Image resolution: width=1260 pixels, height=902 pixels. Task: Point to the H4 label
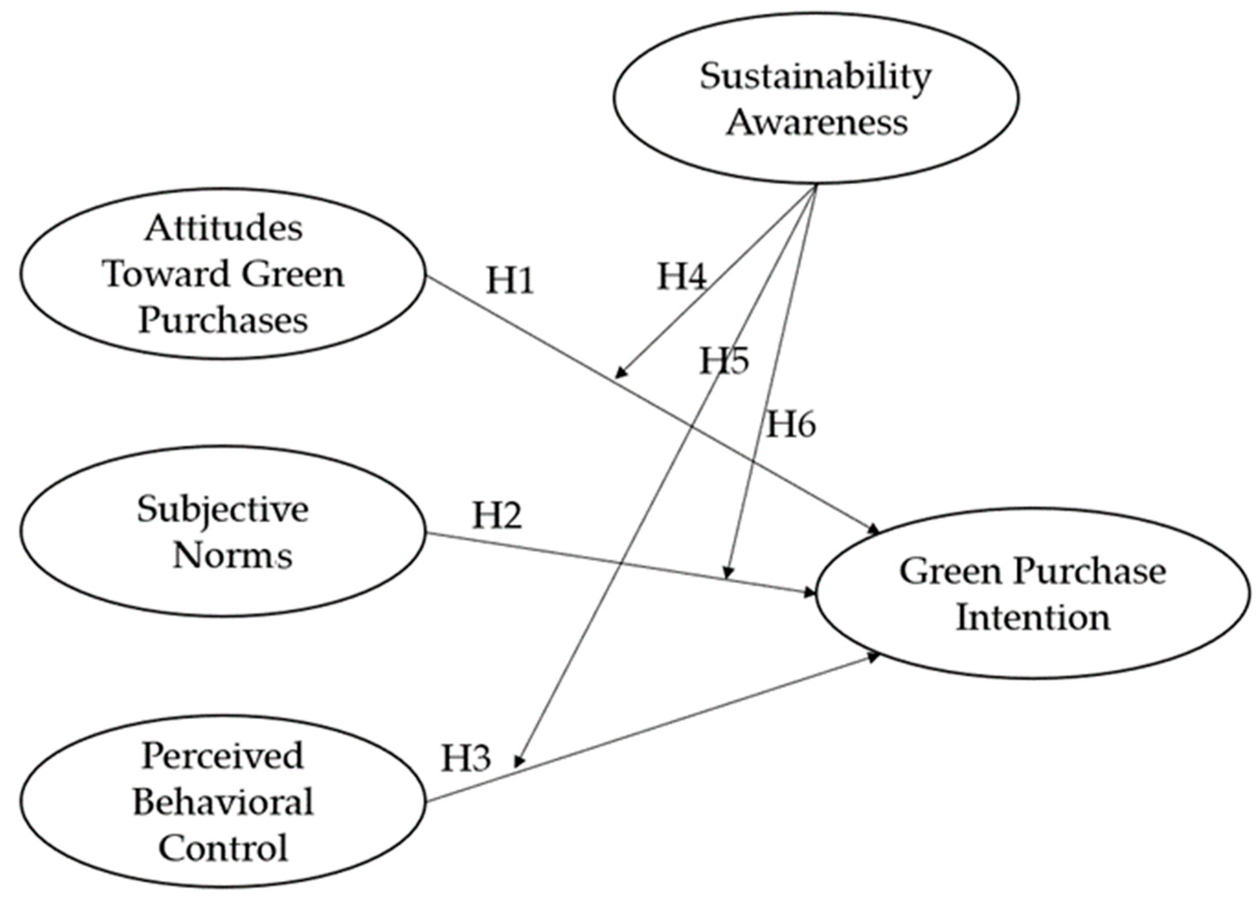[681, 276]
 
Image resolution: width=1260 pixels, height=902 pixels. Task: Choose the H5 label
[724, 361]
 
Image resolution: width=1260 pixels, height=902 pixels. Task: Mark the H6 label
[791, 425]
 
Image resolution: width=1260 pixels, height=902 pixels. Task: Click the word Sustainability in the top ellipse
[815, 76]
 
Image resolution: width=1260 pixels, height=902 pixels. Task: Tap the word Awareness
[817, 122]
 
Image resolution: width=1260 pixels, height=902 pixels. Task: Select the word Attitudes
[223, 228]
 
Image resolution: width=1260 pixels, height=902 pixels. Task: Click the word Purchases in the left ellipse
[223, 321]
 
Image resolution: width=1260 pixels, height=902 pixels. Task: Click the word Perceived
[222, 756]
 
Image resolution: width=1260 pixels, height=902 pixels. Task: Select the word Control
[223, 849]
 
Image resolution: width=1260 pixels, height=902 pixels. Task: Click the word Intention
[1033, 617]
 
